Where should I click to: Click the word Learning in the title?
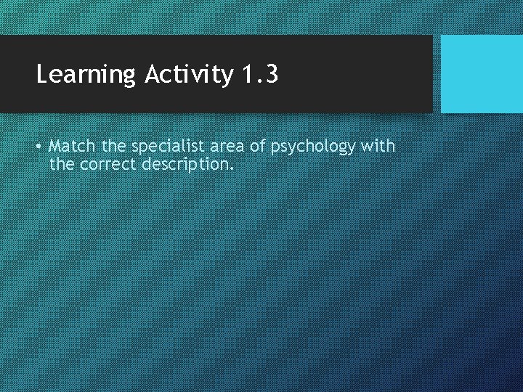click(x=86, y=75)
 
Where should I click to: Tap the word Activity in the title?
click(x=190, y=74)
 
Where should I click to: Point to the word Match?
click(x=72, y=146)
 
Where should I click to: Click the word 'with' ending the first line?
click(x=378, y=146)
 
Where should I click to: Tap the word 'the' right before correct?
click(x=62, y=164)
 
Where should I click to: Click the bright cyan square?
click(x=482, y=74)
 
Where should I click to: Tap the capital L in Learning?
click(x=42, y=74)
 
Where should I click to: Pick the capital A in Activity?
click(x=152, y=74)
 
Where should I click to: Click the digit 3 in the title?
click(x=271, y=74)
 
